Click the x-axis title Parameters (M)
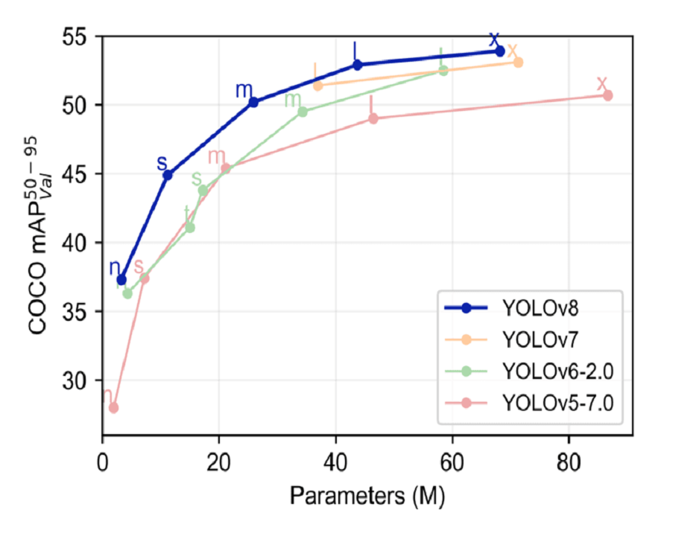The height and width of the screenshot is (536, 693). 367,496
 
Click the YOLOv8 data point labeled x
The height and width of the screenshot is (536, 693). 500,51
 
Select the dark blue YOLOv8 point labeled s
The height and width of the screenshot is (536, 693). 168,175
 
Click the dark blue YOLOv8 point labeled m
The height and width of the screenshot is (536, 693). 253,102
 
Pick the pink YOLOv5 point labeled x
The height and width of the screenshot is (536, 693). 607,95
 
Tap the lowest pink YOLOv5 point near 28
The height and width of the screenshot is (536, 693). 113,407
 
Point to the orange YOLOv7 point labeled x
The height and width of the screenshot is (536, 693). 518,63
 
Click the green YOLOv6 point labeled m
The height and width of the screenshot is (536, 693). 303,112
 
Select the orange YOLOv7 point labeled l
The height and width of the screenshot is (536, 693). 318,86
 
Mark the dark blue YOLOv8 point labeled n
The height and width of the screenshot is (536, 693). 121,279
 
